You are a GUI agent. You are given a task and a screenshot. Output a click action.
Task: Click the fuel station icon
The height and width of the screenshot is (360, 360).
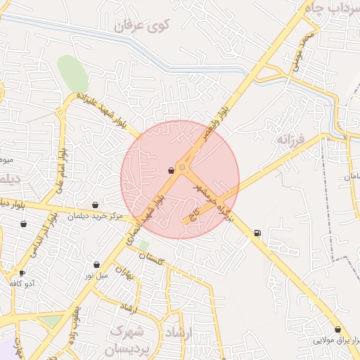click(x=257, y=233)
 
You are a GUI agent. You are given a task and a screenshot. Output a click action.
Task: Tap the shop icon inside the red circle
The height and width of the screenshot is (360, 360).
click(x=171, y=170)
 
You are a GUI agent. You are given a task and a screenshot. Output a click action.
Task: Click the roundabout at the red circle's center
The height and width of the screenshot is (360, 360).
click(x=182, y=167)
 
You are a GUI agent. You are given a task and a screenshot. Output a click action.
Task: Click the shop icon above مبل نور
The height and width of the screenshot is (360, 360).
click(x=96, y=264)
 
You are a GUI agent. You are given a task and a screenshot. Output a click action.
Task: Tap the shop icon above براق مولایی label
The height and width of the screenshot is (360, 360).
click(x=337, y=329)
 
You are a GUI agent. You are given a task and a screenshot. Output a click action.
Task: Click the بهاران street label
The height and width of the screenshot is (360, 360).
click(x=124, y=272)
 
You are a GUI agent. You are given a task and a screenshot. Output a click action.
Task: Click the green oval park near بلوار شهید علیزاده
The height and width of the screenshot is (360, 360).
click(x=72, y=72)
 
